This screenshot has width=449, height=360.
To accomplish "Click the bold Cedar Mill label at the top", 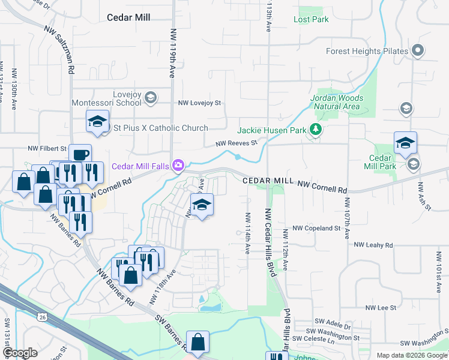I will (x=128, y=17).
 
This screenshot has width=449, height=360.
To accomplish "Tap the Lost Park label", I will (x=311, y=19).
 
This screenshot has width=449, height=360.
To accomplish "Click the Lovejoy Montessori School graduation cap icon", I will (x=151, y=97).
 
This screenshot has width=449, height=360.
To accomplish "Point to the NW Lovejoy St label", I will (x=199, y=103).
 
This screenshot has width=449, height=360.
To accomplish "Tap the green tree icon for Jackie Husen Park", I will (x=314, y=130).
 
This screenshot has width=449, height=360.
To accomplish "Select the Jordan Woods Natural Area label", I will (x=336, y=102).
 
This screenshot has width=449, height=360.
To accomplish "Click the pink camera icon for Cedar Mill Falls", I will (x=178, y=166).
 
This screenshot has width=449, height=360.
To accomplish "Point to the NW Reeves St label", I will (x=237, y=143).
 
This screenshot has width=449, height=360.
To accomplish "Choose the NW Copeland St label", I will (x=316, y=229).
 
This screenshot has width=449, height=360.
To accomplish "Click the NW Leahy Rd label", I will (x=373, y=245).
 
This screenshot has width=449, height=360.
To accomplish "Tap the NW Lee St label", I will (x=381, y=307).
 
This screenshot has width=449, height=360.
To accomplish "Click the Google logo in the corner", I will (x=19, y=353).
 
